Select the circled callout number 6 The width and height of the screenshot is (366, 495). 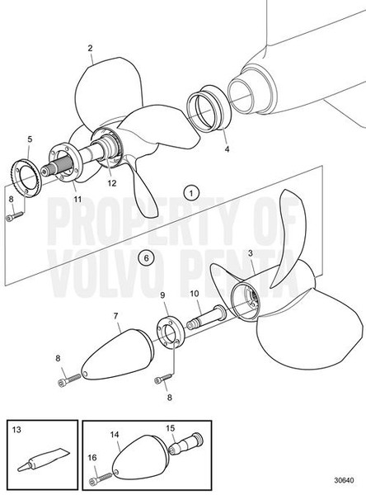pos(146,258)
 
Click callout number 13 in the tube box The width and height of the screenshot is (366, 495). pos(18,430)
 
